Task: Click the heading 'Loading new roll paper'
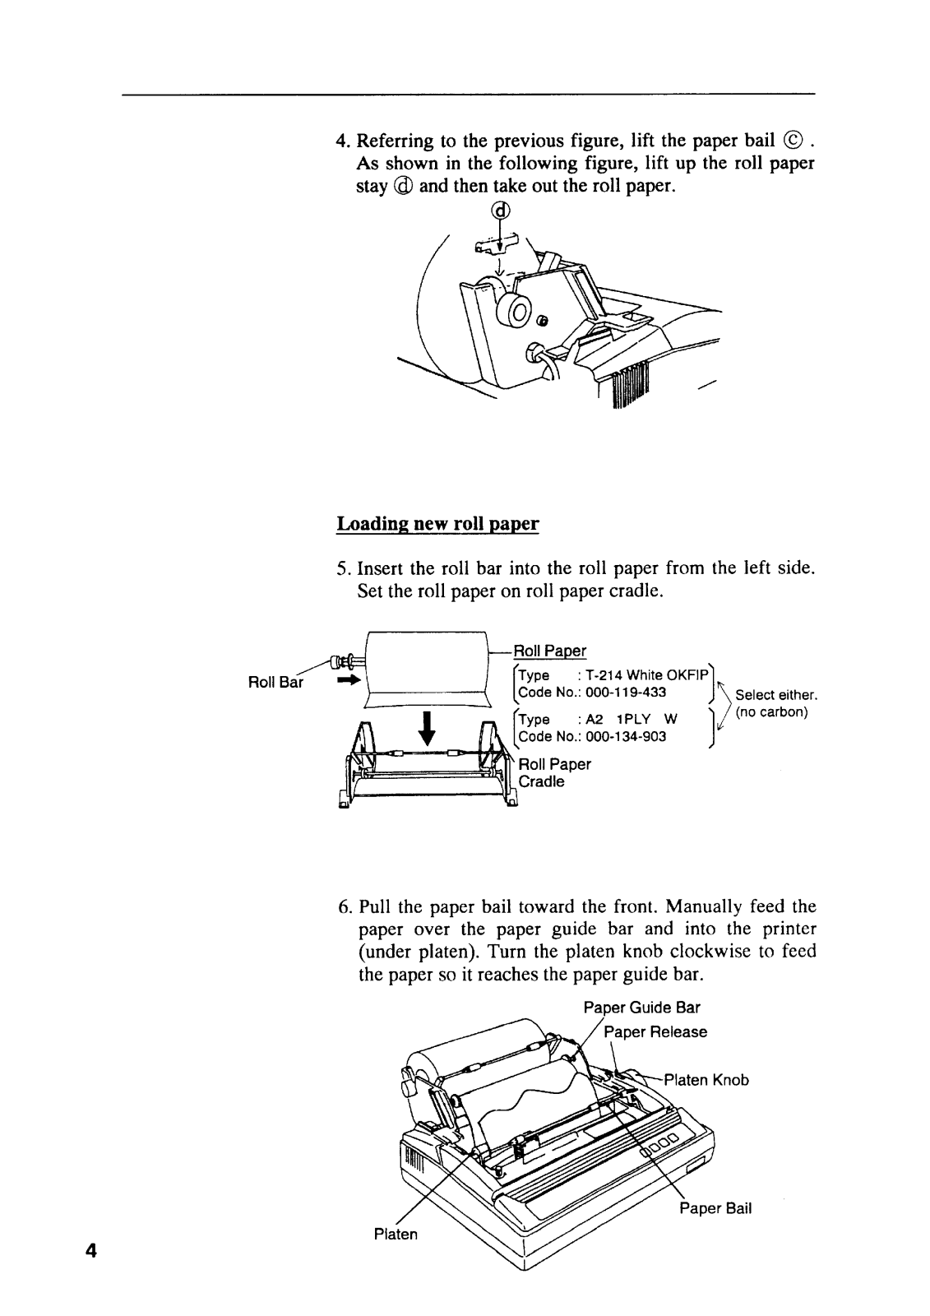click(437, 524)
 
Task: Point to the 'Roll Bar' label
click(275, 682)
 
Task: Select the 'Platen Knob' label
click(706, 1080)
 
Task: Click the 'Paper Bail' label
click(715, 1208)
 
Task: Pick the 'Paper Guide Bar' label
click(641, 1008)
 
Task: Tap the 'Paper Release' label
click(655, 1031)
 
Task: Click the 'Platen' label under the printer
click(396, 1235)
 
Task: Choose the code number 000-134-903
click(626, 737)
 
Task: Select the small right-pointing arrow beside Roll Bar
click(349, 681)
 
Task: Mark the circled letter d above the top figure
click(500, 211)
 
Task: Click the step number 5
click(343, 568)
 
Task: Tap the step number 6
click(344, 907)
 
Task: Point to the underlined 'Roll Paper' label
click(550, 651)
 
